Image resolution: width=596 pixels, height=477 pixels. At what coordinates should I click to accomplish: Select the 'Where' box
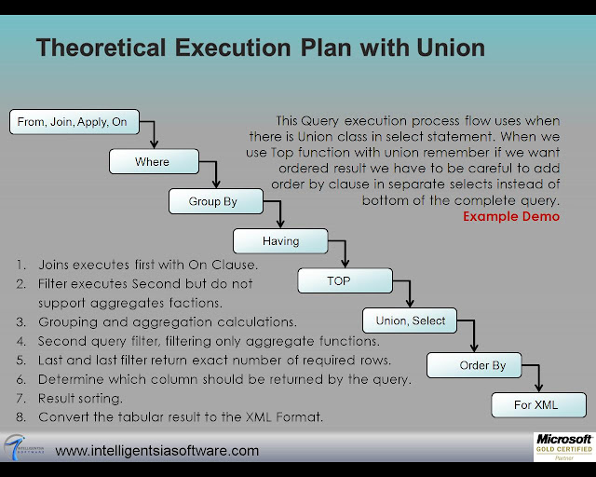tap(153, 162)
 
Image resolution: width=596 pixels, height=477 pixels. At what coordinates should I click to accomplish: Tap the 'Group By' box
tap(213, 201)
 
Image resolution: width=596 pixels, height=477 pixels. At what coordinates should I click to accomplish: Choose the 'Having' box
tap(280, 241)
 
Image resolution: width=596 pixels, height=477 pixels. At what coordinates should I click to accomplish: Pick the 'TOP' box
tap(338, 280)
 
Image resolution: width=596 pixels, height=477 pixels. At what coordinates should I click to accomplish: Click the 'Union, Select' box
tap(409, 320)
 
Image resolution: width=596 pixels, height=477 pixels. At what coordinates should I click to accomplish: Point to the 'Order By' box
tap(482, 365)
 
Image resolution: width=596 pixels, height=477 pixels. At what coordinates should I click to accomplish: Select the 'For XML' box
tap(539, 405)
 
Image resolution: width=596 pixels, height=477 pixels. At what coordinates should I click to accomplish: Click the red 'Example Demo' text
tap(511, 216)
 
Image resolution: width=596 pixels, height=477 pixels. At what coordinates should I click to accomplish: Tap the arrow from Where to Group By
tap(215, 174)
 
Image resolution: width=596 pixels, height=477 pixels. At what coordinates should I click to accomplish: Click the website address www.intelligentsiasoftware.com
tap(157, 451)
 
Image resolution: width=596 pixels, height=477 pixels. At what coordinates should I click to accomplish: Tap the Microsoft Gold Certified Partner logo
tap(562, 447)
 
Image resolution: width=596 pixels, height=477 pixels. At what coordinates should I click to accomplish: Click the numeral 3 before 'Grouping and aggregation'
tap(20, 321)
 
